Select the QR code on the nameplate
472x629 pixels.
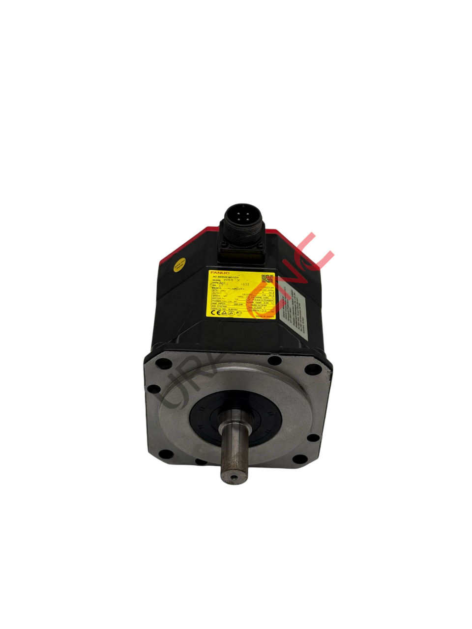[267, 279]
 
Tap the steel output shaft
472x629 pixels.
[234, 452]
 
